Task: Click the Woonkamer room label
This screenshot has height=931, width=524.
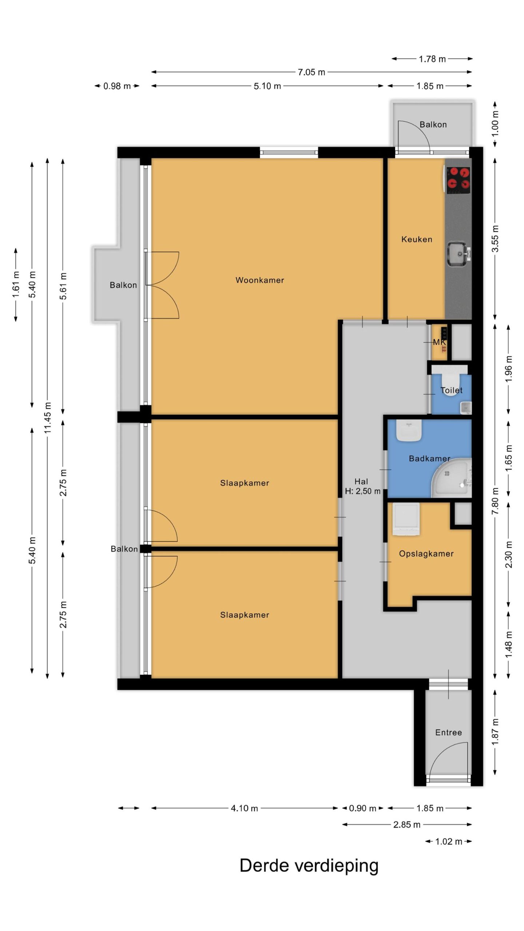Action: point(260,280)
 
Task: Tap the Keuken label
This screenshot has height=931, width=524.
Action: point(417,239)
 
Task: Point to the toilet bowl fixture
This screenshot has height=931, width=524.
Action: point(451,382)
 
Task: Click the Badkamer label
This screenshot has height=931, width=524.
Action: point(429,459)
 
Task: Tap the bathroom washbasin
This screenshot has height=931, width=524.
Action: point(409,431)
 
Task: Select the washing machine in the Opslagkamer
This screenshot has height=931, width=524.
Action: point(406,519)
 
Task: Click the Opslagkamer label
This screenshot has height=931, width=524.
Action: point(426,554)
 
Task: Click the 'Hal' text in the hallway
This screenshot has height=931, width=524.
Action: point(361,482)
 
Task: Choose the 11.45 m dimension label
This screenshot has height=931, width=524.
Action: point(48,418)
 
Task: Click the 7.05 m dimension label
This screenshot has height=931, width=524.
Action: point(311,72)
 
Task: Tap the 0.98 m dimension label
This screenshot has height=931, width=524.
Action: point(117,86)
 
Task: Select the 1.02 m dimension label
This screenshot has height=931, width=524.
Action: point(449,842)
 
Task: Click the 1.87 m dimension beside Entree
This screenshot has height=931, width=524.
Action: point(495,732)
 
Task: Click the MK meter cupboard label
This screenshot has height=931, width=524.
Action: point(439,342)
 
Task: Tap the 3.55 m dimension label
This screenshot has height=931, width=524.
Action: point(495,239)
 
